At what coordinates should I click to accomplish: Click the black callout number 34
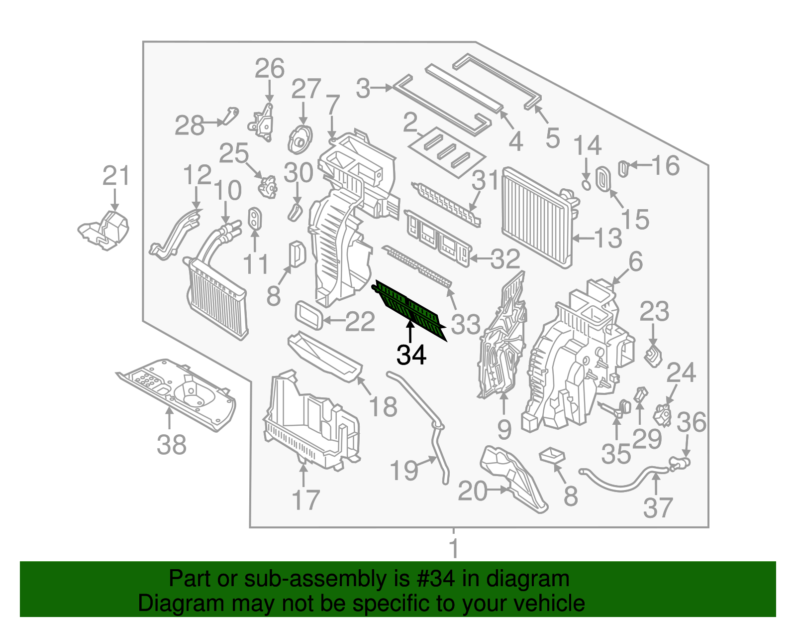pyautogui.click(x=411, y=355)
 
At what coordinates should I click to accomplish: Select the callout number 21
pyautogui.click(x=116, y=176)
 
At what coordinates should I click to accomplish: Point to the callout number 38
pyautogui.click(x=172, y=445)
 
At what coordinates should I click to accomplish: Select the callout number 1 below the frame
pyautogui.click(x=453, y=548)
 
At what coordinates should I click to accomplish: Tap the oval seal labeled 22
pyautogui.click(x=310, y=315)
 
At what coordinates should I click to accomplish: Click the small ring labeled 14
pyautogui.click(x=587, y=185)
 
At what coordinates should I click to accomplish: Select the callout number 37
pyautogui.click(x=658, y=508)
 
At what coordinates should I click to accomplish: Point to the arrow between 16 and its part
pyautogui.click(x=640, y=165)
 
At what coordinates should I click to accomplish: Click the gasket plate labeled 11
pyautogui.click(x=255, y=219)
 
